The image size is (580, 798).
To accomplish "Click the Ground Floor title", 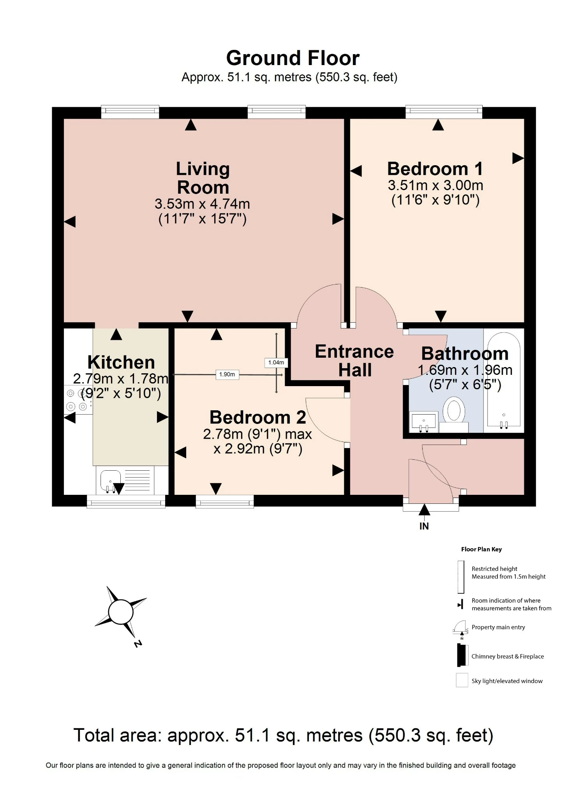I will [x=293, y=58].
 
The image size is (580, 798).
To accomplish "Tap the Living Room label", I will [x=203, y=178].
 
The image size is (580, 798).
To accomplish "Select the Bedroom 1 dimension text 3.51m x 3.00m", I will [x=435, y=185].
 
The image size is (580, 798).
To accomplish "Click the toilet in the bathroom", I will [x=454, y=410].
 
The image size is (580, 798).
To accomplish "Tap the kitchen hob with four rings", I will [x=77, y=400].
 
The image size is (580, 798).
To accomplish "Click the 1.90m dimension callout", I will [x=227, y=374].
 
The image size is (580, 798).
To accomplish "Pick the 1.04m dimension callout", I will [x=276, y=362].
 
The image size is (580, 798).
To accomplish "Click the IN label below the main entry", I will [x=424, y=526].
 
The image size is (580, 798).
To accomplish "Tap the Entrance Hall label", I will [x=354, y=360].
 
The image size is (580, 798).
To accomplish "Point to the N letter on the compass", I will [x=138, y=644].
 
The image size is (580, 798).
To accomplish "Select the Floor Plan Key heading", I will [x=481, y=549].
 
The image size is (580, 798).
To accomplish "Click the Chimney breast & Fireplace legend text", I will [x=507, y=657].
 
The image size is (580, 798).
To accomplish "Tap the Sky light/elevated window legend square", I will [x=462, y=680].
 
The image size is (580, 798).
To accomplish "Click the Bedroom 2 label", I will [x=257, y=418].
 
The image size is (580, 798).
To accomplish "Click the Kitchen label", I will [x=121, y=362].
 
